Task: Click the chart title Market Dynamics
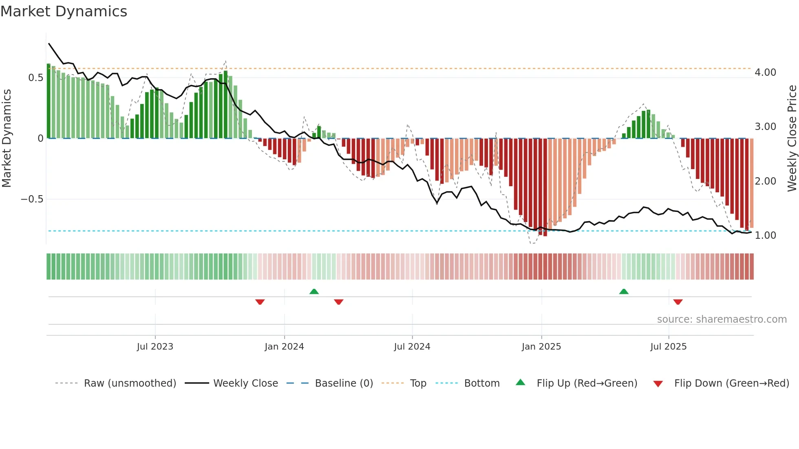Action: point(64,11)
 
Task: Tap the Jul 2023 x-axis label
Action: point(155,347)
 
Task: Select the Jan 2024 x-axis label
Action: point(284,347)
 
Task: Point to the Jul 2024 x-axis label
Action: point(412,347)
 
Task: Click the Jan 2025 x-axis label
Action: point(541,347)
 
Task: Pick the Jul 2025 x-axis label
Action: point(669,347)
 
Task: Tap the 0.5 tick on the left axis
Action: point(35,78)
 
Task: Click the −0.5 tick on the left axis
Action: point(32,199)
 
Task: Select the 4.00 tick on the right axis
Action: point(765,73)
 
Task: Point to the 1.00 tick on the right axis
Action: point(765,236)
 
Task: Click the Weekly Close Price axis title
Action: point(792,139)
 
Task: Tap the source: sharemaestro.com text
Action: point(722,319)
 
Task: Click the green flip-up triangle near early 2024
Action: point(314,291)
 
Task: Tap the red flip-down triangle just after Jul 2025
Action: point(678,302)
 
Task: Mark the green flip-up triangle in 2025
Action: point(624,291)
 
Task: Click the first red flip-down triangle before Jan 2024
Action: point(260,302)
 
